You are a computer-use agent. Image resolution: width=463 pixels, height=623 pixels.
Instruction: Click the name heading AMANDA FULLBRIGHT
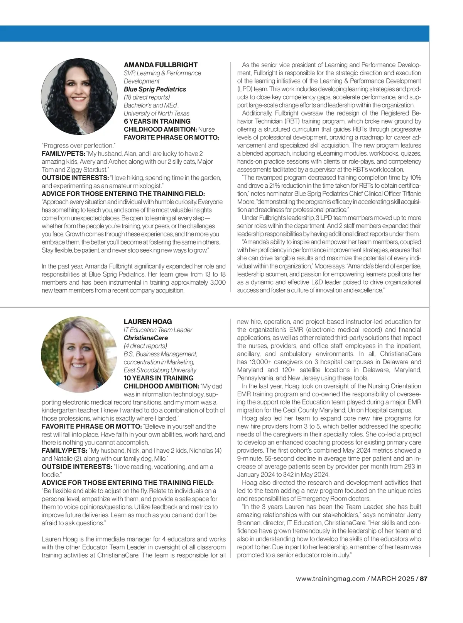tap(161, 65)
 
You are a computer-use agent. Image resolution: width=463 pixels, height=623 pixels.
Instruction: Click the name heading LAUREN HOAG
tap(148, 322)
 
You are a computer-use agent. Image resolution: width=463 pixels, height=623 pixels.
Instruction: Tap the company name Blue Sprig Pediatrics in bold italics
tap(155, 89)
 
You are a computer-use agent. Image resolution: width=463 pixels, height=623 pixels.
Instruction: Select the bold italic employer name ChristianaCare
tap(146, 338)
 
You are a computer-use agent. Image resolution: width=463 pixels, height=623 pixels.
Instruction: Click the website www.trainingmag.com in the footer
tap(331, 579)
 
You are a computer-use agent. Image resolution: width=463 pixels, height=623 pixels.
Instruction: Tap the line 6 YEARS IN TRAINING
tap(157, 121)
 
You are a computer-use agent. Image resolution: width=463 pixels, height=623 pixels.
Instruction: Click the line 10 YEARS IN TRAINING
tap(159, 378)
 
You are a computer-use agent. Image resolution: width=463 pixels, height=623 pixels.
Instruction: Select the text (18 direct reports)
tap(147, 97)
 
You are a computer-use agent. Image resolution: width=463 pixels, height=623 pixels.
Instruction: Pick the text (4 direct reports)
tap(145, 346)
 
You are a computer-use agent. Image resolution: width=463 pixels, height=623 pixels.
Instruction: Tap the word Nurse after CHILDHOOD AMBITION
tap(206, 129)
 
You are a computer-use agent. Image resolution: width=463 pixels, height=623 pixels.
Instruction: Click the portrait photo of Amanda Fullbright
tap(79, 97)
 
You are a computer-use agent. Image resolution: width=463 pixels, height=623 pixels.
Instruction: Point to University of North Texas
tap(157, 114)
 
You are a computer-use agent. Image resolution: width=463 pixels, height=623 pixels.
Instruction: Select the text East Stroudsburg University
tap(160, 370)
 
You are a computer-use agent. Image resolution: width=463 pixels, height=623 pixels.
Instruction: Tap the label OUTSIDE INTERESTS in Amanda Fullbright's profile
tap(75, 178)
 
